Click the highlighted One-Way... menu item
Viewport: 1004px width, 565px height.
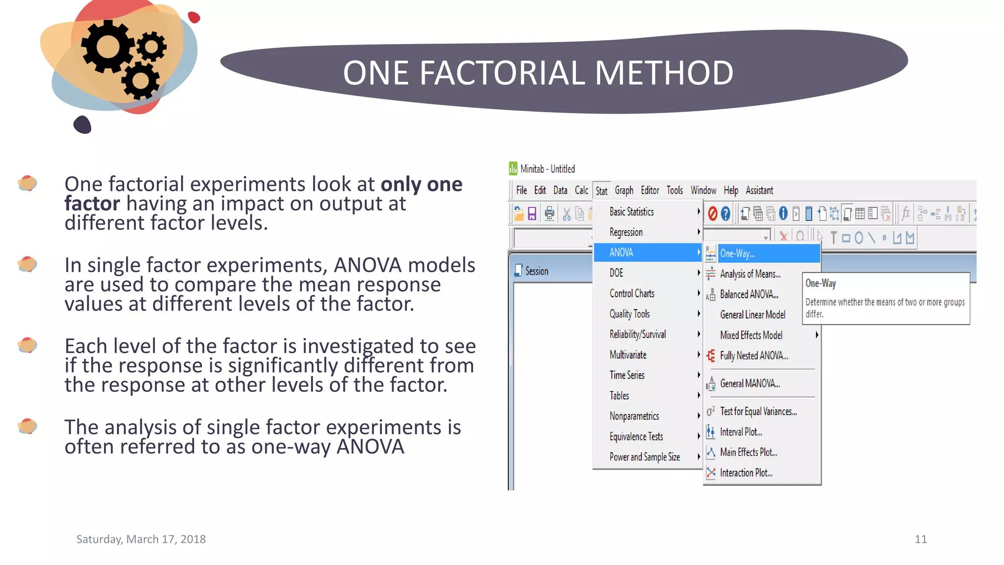(x=737, y=254)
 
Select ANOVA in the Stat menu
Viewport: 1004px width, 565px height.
(x=621, y=253)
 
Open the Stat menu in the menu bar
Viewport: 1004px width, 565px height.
(x=601, y=191)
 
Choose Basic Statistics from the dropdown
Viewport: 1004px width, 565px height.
(x=631, y=212)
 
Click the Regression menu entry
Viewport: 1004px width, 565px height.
(x=626, y=232)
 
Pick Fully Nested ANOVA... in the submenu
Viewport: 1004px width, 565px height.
(x=753, y=356)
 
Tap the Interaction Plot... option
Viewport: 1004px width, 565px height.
(x=746, y=473)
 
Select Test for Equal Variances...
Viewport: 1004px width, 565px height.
(x=758, y=411)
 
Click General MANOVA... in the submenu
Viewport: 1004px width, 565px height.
(x=750, y=384)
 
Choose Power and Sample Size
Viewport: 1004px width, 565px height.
(x=644, y=457)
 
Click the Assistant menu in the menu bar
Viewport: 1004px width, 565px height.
(x=759, y=190)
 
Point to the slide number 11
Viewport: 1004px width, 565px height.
(x=921, y=539)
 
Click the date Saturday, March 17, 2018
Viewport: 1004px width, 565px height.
(x=141, y=539)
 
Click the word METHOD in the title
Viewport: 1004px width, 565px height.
(x=664, y=73)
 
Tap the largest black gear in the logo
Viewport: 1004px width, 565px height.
(x=107, y=48)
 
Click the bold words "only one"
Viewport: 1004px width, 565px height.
(x=421, y=184)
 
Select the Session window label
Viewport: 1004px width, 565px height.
(x=536, y=271)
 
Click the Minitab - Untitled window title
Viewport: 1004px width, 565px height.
(x=547, y=169)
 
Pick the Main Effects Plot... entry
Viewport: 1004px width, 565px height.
(x=748, y=452)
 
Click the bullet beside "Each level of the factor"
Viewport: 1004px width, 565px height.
(x=27, y=345)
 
